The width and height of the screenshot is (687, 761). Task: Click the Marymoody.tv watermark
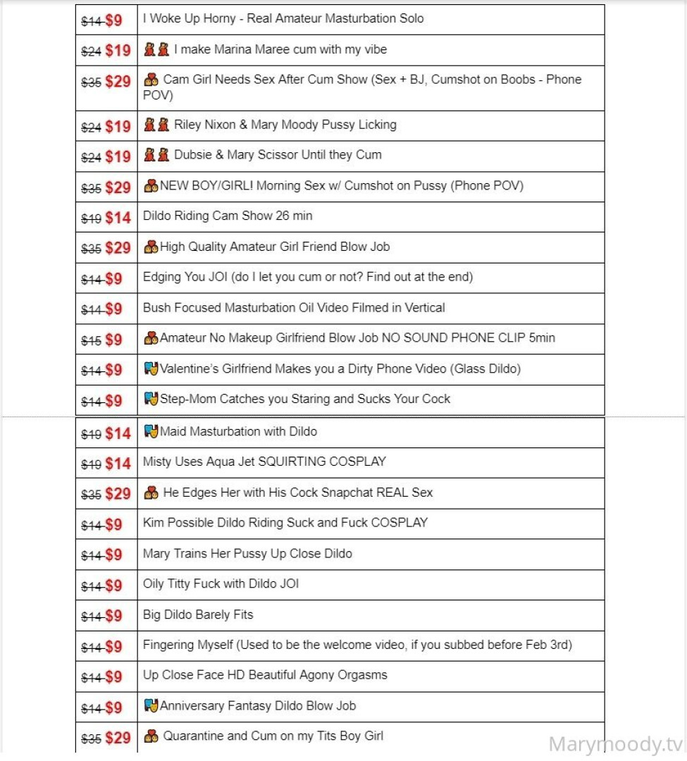(616, 744)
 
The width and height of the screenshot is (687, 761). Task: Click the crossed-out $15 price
(92, 340)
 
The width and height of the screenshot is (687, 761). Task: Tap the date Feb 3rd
(548, 644)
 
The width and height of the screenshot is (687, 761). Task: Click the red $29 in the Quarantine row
(118, 738)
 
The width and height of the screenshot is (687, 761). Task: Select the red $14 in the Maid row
(118, 433)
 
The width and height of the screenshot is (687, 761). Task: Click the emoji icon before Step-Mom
(150, 399)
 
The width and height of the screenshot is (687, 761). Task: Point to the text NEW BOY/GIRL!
(200, 186)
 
